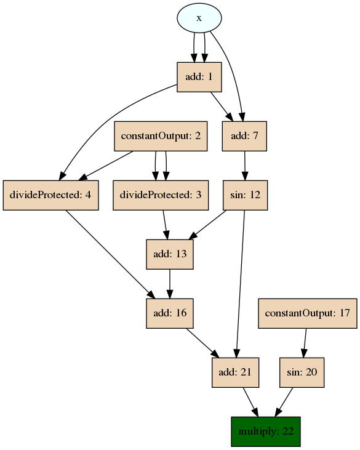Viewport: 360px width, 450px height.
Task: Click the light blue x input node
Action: [x=199, y=18]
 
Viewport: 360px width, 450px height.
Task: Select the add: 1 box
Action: [x=199, y=77]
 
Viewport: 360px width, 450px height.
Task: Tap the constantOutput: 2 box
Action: [x=161, y=136]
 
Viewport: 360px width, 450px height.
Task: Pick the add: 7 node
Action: [x=244, y=136]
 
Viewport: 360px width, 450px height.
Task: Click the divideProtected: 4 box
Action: [x=51, y=195]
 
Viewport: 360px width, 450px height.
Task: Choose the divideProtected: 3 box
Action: [x=161, y=195]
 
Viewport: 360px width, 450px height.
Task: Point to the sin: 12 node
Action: [x=246, y=195]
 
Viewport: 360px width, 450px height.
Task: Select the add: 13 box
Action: [x=170, y=254]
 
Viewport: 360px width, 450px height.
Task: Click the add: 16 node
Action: [x=170, y=313]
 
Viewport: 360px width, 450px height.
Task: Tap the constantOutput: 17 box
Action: [x=308, y=313]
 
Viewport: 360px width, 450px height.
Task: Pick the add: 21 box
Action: [x=235, y=372]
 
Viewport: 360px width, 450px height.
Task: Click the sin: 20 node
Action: [x=302, y=372]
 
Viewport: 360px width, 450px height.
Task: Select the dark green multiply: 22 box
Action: [x=266, y=432]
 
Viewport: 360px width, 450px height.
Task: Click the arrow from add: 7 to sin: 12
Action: [x=245, y=166]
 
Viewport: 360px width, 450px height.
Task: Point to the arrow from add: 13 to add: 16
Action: [x=170, y=284]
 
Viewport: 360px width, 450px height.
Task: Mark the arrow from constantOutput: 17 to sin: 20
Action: [x=305, y=344]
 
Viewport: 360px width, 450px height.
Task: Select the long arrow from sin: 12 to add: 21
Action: [x=240, y=284]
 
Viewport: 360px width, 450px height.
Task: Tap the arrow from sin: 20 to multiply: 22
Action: [x=284, y=403]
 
